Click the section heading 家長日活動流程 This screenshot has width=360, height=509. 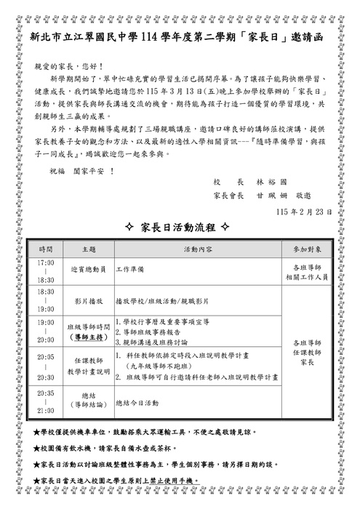[177, 228]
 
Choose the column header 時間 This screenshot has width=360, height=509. [46, 249]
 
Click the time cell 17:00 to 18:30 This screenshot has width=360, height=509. [46, 270]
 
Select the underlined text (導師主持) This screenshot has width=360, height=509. [88, 337]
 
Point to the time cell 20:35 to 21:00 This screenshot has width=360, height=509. [46, 401]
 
